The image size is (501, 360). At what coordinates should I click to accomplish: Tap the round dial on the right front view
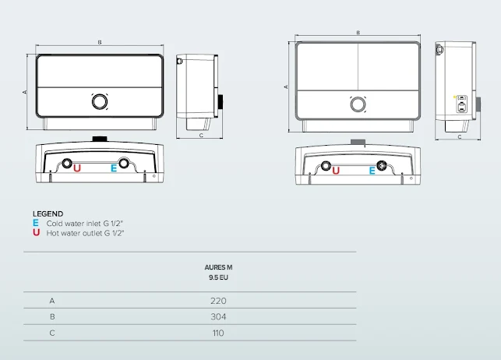358,104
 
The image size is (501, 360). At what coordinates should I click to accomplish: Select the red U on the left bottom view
76,168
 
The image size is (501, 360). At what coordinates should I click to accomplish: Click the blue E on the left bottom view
114,168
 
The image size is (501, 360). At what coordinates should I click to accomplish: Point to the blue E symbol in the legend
36,223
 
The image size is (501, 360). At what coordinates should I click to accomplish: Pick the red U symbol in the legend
36,232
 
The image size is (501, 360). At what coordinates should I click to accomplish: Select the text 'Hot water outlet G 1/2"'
85,232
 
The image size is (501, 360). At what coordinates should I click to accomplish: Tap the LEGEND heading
48,214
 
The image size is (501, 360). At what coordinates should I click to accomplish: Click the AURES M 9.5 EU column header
217,272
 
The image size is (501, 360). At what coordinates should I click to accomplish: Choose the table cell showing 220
217,301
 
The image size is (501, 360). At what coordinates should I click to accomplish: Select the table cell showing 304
217,317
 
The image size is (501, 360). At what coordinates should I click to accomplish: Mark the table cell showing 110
217,333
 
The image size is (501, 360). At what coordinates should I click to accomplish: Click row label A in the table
52,301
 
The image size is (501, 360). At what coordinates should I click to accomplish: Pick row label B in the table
52,317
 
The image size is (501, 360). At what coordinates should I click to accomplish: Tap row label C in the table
52,333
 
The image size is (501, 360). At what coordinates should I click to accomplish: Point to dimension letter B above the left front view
99,42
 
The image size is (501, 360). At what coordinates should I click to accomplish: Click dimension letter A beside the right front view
286,86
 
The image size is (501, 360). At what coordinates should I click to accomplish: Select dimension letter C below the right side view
459,137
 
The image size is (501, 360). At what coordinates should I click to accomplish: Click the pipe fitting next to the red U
66,165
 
